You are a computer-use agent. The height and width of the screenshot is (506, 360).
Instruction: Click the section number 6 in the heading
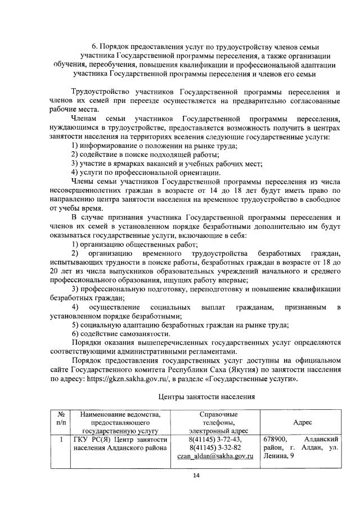(x=94, y=47)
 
